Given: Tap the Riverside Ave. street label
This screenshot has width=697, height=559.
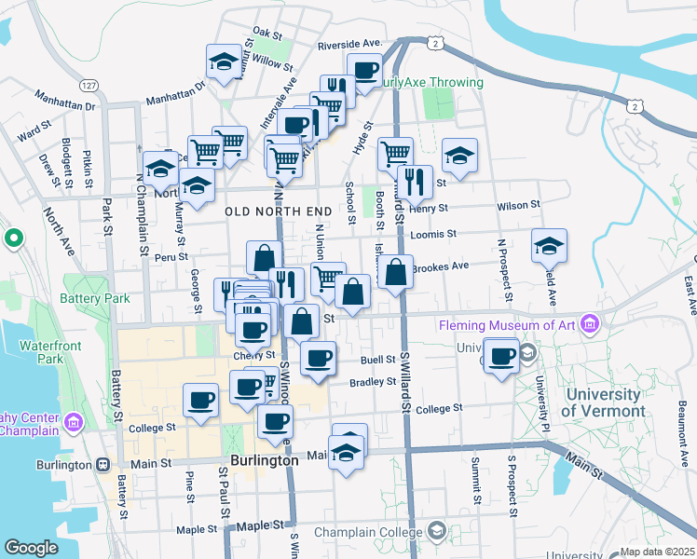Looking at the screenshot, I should (350, 44).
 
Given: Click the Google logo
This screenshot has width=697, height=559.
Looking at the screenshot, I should (31, 547).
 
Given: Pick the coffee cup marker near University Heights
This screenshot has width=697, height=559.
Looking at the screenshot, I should (502, 356).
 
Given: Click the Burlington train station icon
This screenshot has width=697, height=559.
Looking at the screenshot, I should (102, 464).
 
